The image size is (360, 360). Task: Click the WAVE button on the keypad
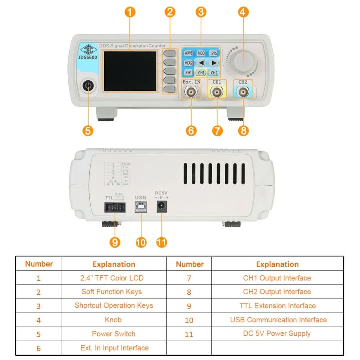coord(188,53)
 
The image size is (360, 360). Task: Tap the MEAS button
coord(188,63)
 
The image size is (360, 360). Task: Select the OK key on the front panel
coord(188,73)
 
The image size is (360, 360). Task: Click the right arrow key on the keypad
coord(213,63)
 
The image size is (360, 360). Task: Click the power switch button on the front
coord(89,86)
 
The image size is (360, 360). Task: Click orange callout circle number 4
coord(243,12)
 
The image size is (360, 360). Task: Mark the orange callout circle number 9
coord(115,242)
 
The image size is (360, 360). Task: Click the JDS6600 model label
coord(88,56)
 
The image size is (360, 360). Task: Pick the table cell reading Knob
coord(113,319)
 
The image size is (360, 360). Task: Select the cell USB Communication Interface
coord(278,319)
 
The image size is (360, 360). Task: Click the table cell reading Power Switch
coord(113,333)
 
